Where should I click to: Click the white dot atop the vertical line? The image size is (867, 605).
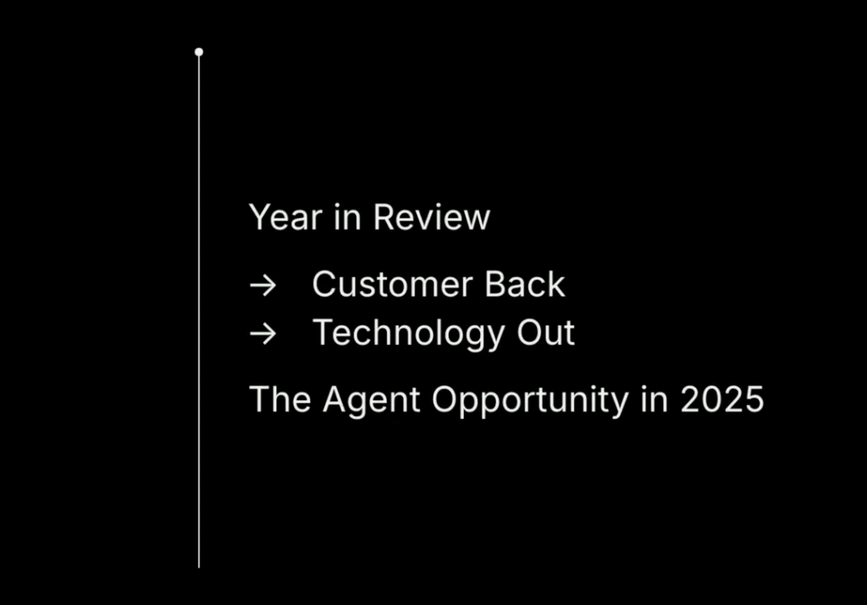click(199, 52)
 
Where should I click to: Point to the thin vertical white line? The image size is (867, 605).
click(199, 310)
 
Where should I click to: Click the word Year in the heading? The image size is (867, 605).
click(286, 217)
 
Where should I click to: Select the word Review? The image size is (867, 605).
click(432, 217)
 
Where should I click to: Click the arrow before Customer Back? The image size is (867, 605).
click(263, 286)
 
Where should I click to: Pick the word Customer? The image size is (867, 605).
click(393, 285)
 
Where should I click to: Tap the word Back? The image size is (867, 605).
click(525, 285)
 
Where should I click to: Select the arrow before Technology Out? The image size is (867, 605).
click(263, 334)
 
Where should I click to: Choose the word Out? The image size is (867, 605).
click(546, 333)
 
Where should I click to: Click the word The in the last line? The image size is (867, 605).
click(280, 399)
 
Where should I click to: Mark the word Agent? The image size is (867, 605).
click(372, 400)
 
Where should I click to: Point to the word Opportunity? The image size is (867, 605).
click(530, 400)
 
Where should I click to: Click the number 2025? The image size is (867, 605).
click(722, 399)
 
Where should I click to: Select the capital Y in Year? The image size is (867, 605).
click(260, 217)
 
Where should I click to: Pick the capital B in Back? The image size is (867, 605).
click(495, 285)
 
